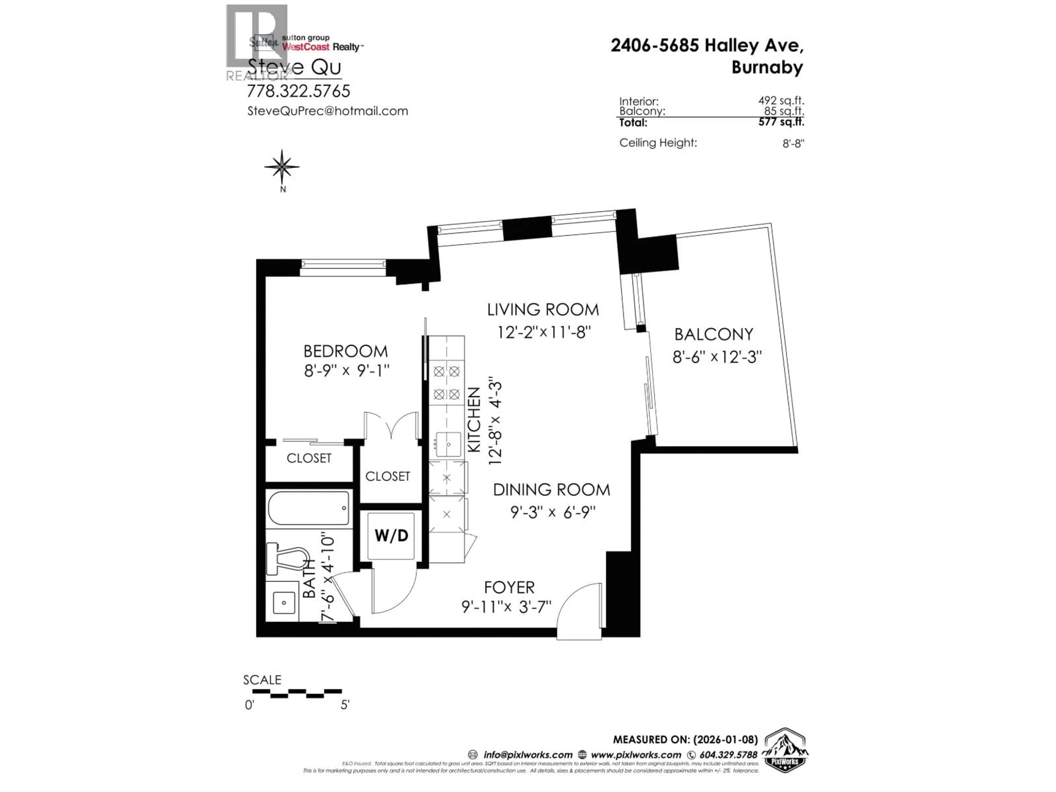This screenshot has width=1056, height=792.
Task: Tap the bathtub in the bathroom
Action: pyautogui.click(x=309, y=508)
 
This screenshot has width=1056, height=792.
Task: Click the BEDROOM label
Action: pyautogui.click(x=346, y=351)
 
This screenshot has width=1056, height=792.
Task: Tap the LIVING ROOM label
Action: pyautogui.click(x=543, y=310)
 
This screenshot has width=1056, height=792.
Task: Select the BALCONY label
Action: pyautogui.click(x=714, y=334)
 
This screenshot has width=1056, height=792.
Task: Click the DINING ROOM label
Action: pyautogui.click(x=551, y=490)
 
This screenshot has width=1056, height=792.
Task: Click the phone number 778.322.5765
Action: pyautogui.click(x=298, y=91)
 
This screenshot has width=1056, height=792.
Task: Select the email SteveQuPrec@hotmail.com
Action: pyautogui.click(x=328, y=111)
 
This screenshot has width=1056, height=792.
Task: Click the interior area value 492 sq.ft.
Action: pyautogui.click(x=781, y=101)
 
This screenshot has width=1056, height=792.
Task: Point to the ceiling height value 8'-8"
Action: pyautogui.click(x=793, y=143)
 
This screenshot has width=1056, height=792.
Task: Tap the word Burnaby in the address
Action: pyautogui.click(x=767, y=67)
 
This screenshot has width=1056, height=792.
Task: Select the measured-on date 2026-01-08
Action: pyautogui.click(x=724, y=739)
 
